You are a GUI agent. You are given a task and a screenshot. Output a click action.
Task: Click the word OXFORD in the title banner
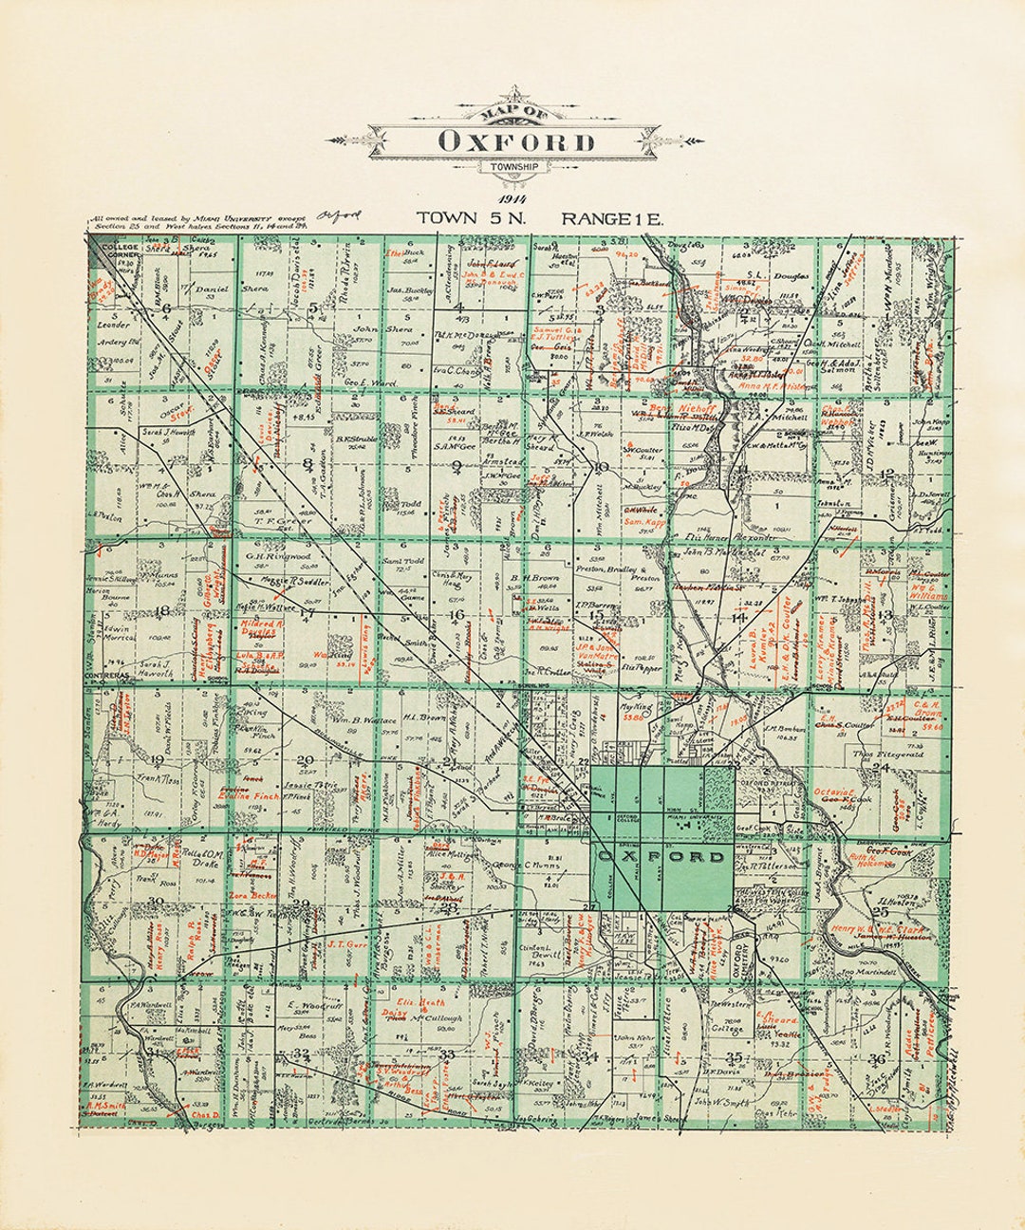(x=516, y=142)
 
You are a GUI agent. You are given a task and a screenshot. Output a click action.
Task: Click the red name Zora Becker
(x=252, y=895)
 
